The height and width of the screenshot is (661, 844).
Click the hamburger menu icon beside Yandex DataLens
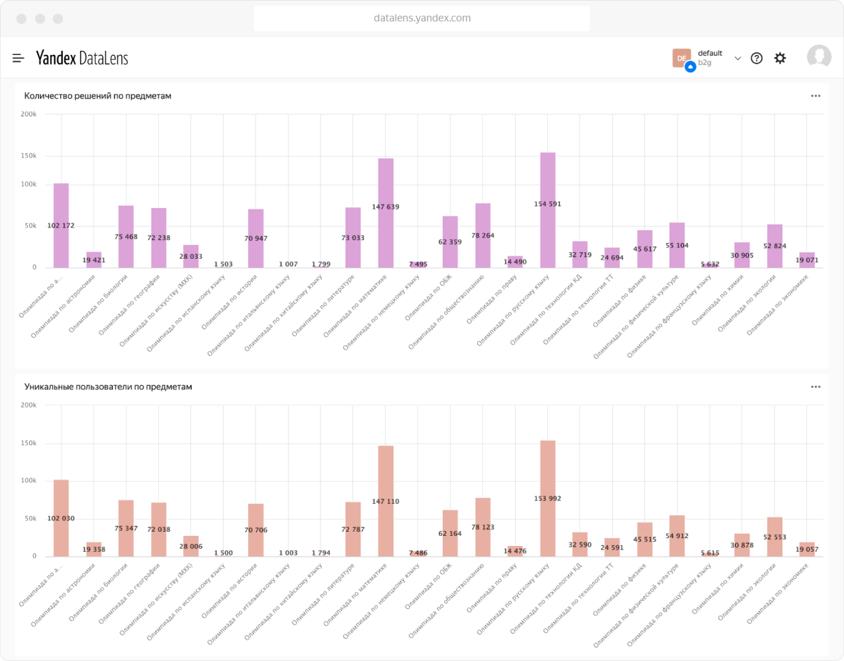point(19,59)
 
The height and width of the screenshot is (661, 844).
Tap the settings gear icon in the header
point(780,59)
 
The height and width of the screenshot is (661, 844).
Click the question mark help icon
point(756,59)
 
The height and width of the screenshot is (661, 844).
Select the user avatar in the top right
point(819,57)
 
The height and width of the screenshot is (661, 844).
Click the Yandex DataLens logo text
point(82,59)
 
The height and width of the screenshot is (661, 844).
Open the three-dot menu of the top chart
point(815,96)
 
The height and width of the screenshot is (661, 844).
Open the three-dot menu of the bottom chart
point(815,387)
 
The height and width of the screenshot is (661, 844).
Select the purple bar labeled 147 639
point(386,186)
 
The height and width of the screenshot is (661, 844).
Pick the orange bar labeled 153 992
point(548,472)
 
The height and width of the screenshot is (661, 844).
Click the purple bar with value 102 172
point(61,207)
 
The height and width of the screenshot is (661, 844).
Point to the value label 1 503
point(223,264)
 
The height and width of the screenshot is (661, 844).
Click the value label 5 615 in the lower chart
point(710,553)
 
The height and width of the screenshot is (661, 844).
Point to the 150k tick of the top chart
point(29,156)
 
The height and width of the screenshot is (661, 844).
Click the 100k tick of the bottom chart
point(29,481)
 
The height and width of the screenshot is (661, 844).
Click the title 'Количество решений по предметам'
point(98,96)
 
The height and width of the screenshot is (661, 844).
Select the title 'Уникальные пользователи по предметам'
point(108,387)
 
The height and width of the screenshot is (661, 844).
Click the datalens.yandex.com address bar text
point(422,19)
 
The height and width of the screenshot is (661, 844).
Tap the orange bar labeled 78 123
point(483,515)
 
